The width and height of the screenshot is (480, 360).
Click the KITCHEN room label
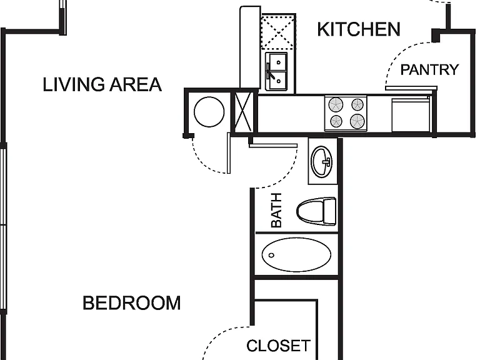pyautogui.click(x=359, y=29)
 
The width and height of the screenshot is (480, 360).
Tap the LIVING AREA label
pyautogui.click(x=102, y=84)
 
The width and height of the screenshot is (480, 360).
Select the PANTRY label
pyautogui.click(x=429, y=70)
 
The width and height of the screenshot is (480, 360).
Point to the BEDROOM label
pyautogui.click(x=132, y=303)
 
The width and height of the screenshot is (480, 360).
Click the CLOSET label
pyautogui.click(x=279, y=346)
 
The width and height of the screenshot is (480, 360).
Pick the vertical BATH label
pyautogui.click(x=276, y=210)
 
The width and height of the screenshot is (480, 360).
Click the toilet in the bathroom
pyautogui.click(x=316, y=211)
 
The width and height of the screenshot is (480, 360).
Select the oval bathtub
pyautogui.click(x=296, y=255)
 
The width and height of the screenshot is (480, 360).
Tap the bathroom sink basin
pyautogui.click(x=322, y=162)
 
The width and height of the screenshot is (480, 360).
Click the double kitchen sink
pyautogui.click(x=276, y=72)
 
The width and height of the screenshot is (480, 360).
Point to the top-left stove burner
pyautogui.click(x=336, y=105)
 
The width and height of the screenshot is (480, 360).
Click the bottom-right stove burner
pyautogui.click(x=357, y=121)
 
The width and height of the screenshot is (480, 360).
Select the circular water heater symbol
pyautogui.click(x=209, y=112)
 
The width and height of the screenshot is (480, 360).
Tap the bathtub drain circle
pyautogui.click(x=271, y=255)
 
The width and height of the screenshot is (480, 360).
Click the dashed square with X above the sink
pyautogui.click(x=278, y=31)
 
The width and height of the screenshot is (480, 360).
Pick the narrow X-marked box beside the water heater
pyautogui.click(x=243, y=112)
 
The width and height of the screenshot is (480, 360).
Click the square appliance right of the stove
pyautogui.click(x=411, y=114)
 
